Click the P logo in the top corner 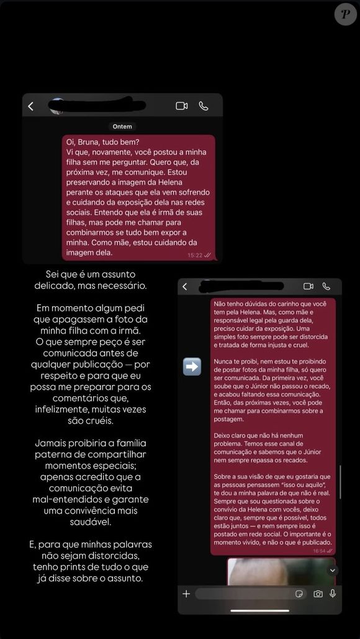pyautogui.click(x=346, y=14)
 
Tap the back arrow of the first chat pyautogui.click(x=31, y=106)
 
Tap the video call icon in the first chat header pyautogui.click(x=182, y=106)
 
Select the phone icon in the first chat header pyautogui.click(x=204, y=106)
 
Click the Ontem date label pyautogui.click(x=122, y=126)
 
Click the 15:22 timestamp pyautogui.click(x=195, y=255)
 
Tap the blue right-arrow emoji pyautogui.click(x=192, y=366)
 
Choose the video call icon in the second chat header pyautogui.click(x=308, y=286)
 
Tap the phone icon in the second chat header pyautogui.click(x=326, y=286)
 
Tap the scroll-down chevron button pyautogui.click(x=333, y=570)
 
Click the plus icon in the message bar pyautogui.click(x=186, y=594)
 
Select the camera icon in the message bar pyautogui.click(x=318, y=594)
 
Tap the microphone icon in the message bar pyautogui.click(x=333, y=594)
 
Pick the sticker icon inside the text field pyautogui.click(x=299, y=594)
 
